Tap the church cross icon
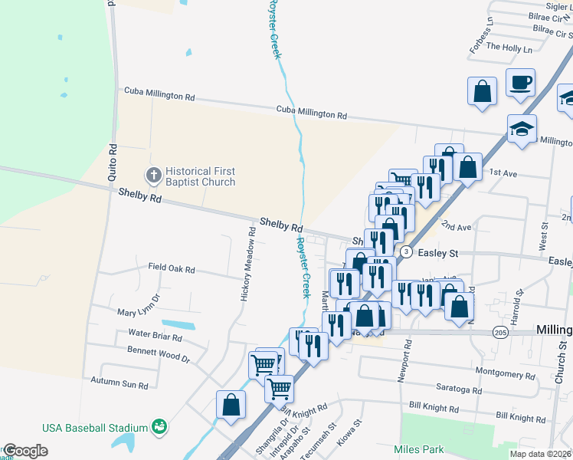click(x=153, y=176)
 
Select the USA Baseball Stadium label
click(x=95, y=427)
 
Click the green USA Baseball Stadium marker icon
click(x=159, y=426)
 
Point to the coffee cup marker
click(x=520, y=82)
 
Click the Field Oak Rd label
click(x=172, y=270)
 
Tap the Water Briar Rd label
click(x=155, y=336)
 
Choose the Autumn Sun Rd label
click(x=119, y=382)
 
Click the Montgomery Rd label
click(x=505, y=375)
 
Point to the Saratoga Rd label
click(x=454, y=390)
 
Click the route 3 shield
click(x=406, y=251)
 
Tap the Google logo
click(x=25, y=451)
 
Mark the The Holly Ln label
click(x=509, y=48)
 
